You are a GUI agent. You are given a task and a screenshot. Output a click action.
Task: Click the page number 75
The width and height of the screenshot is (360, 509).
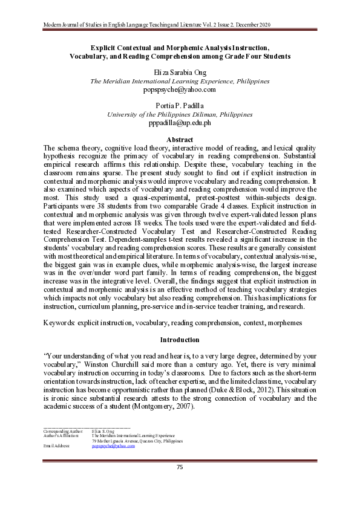(180, 467)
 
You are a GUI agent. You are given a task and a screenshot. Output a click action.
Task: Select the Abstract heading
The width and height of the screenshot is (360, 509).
(180, 140)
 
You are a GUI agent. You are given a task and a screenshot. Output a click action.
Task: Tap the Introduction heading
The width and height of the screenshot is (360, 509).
(180, 340)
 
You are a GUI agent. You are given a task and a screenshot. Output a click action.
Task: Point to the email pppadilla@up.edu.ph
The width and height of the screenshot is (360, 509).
(180, 123)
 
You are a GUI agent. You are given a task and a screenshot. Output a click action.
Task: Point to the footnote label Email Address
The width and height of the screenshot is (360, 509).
(57, 446)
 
